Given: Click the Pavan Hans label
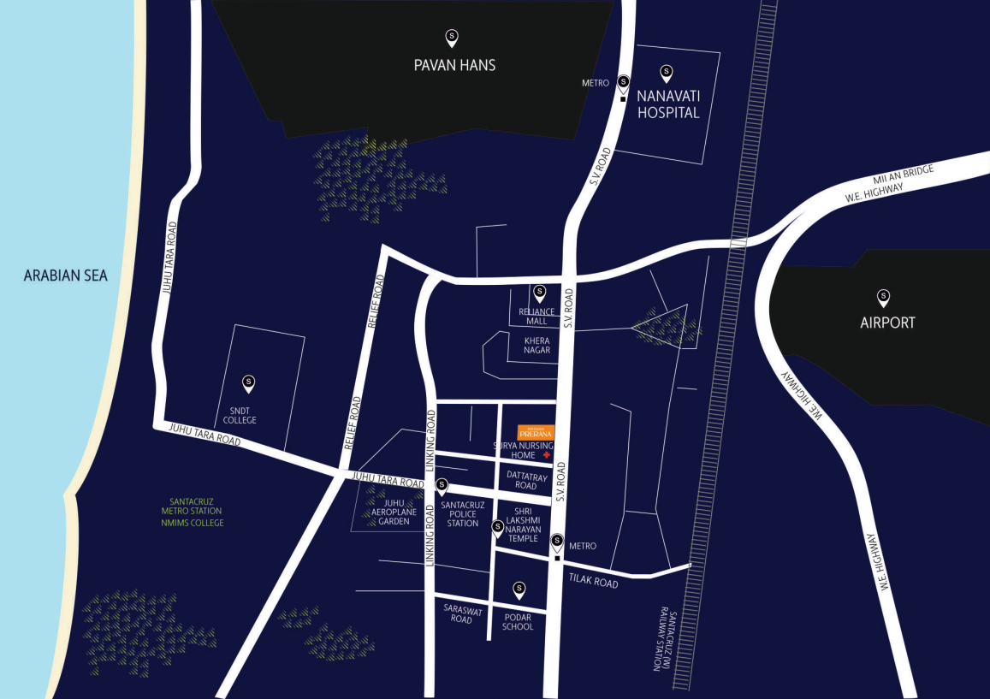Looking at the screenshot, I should click(x=454, y=65).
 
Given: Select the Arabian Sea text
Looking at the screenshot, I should click(x=66, y=275).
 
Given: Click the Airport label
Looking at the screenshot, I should click(x=887, y=323).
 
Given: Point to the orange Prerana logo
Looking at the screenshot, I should click(x=536, y=432).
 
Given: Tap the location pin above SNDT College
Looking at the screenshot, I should click(x=248, y=383).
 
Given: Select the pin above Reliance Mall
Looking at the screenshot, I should click(x=539, y=293).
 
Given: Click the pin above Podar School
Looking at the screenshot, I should click(x=519, y=589).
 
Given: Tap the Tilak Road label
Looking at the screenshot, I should click(x=593, y=581).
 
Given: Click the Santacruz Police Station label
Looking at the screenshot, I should click(x=462, y=513).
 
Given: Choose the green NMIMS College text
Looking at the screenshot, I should click(x=196, y=523).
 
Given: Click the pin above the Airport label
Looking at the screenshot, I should click(x=883, y=298).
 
